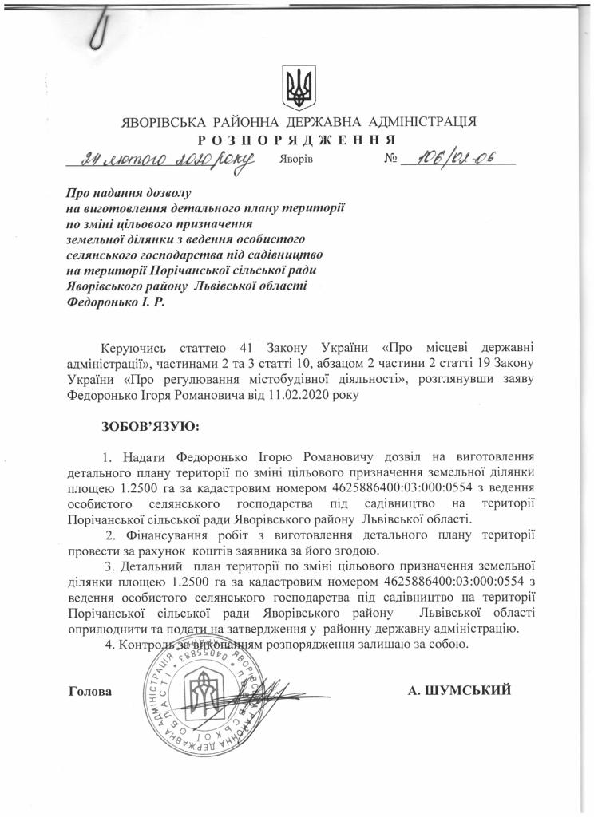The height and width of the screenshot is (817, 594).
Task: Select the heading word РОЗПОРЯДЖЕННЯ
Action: tap(297, 139)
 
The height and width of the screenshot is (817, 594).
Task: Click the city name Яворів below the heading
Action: tap(297, 160)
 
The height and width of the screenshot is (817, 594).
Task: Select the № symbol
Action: tap(391, 160)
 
